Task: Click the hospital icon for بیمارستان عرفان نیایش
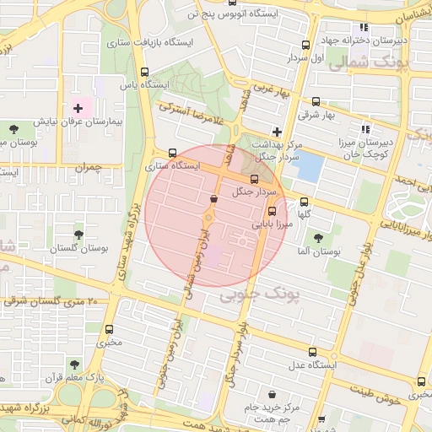pyautogui.click(x=78, y=108)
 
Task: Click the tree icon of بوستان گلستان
pyautogui.click(x=78, y=235)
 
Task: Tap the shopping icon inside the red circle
pyautogui.click(x=213, y=198)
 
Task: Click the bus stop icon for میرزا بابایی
pyautogui.click(x=272, y=213)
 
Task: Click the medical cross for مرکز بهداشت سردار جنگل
pyautogui.click(x=276, y=131)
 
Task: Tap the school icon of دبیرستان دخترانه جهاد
pyautogui.click(x=364, y=27)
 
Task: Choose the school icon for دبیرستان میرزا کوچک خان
pyautogui.click(x=365, y=129)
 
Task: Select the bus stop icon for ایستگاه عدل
pyautogui.click(x=313, y=353)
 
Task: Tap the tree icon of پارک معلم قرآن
pyautogui.click(x=75, y=365)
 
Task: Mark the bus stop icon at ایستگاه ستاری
pyautogui.click(x=173, y=153)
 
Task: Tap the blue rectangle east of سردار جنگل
pyautogui.click(x=310, y=167)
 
